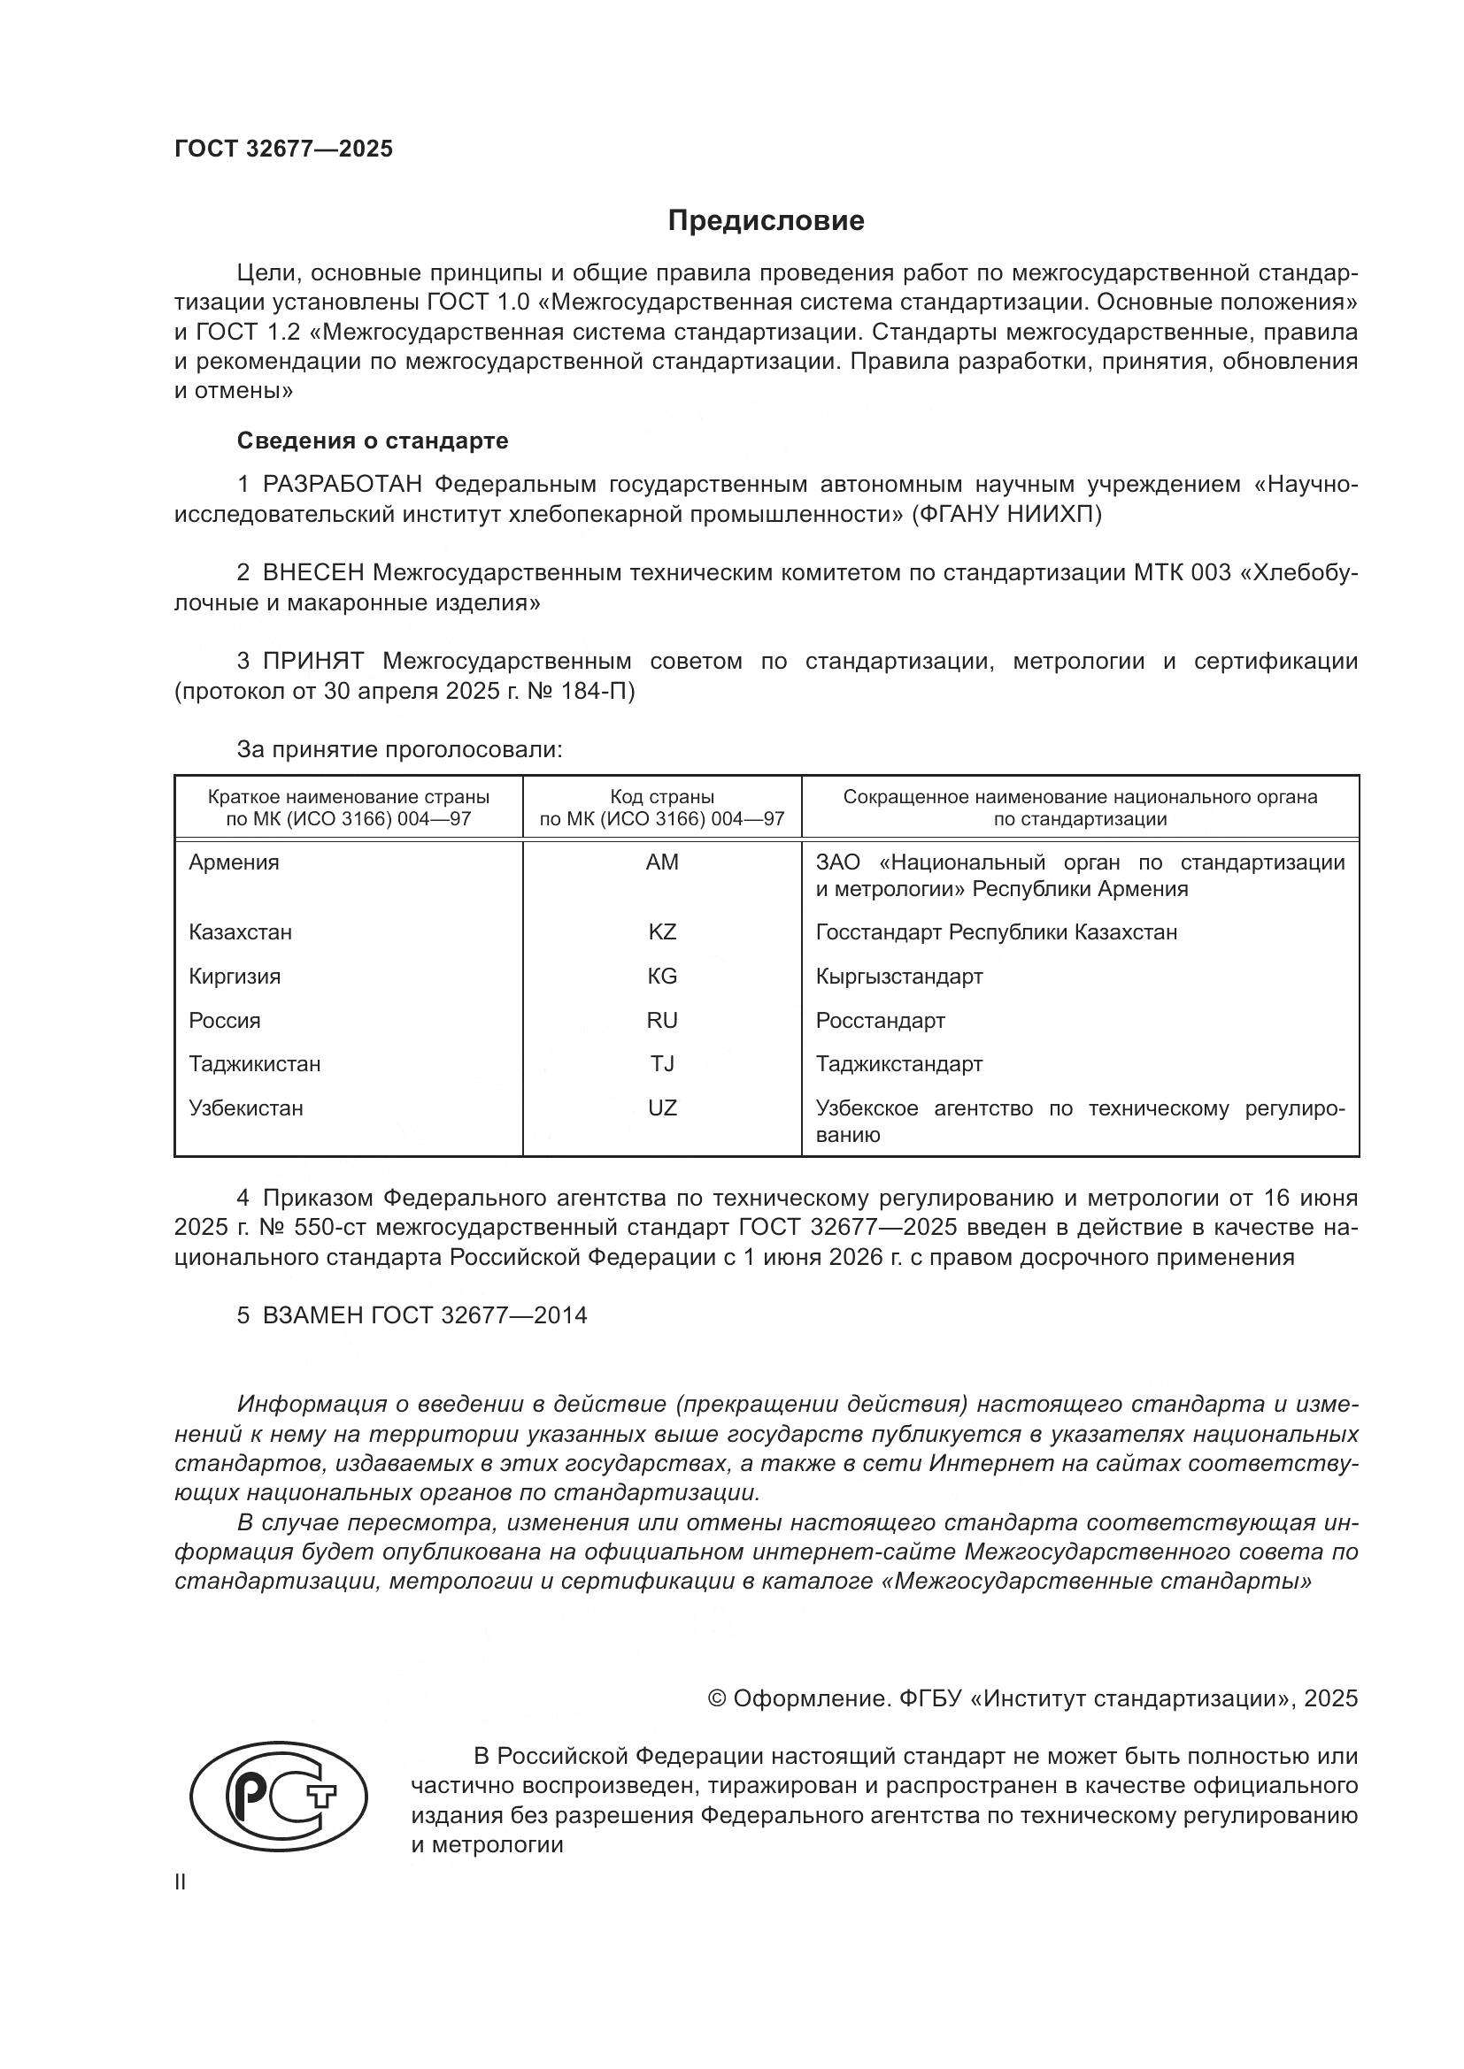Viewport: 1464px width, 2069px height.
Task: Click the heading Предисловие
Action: (766, 221)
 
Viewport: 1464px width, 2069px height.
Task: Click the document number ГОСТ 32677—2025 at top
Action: (284, 149)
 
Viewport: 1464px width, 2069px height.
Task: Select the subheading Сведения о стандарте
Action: (373, 441)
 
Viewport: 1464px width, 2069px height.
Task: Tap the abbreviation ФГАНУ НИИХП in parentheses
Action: (1006, 515)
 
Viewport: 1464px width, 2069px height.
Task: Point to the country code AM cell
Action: (662, 862)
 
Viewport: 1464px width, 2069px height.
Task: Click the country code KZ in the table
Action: (662, 931)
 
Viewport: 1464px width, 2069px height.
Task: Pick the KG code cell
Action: (662, 976)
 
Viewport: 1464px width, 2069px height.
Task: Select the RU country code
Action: (662, 1020)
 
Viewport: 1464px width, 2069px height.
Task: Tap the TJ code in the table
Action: (662, 1063)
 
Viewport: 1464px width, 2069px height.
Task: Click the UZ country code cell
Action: (662, 1107)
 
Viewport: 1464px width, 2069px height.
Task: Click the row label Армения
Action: (234, 862)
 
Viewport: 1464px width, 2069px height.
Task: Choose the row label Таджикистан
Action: (254, 1063)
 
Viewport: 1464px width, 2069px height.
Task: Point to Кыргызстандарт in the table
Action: (898, 976)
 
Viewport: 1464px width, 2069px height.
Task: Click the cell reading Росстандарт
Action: (880, 1020)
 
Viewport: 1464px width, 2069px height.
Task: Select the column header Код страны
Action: (662, 797)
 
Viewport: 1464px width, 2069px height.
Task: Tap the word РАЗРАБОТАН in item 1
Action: (342, 485)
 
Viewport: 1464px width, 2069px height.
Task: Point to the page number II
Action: (181, 1881)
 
